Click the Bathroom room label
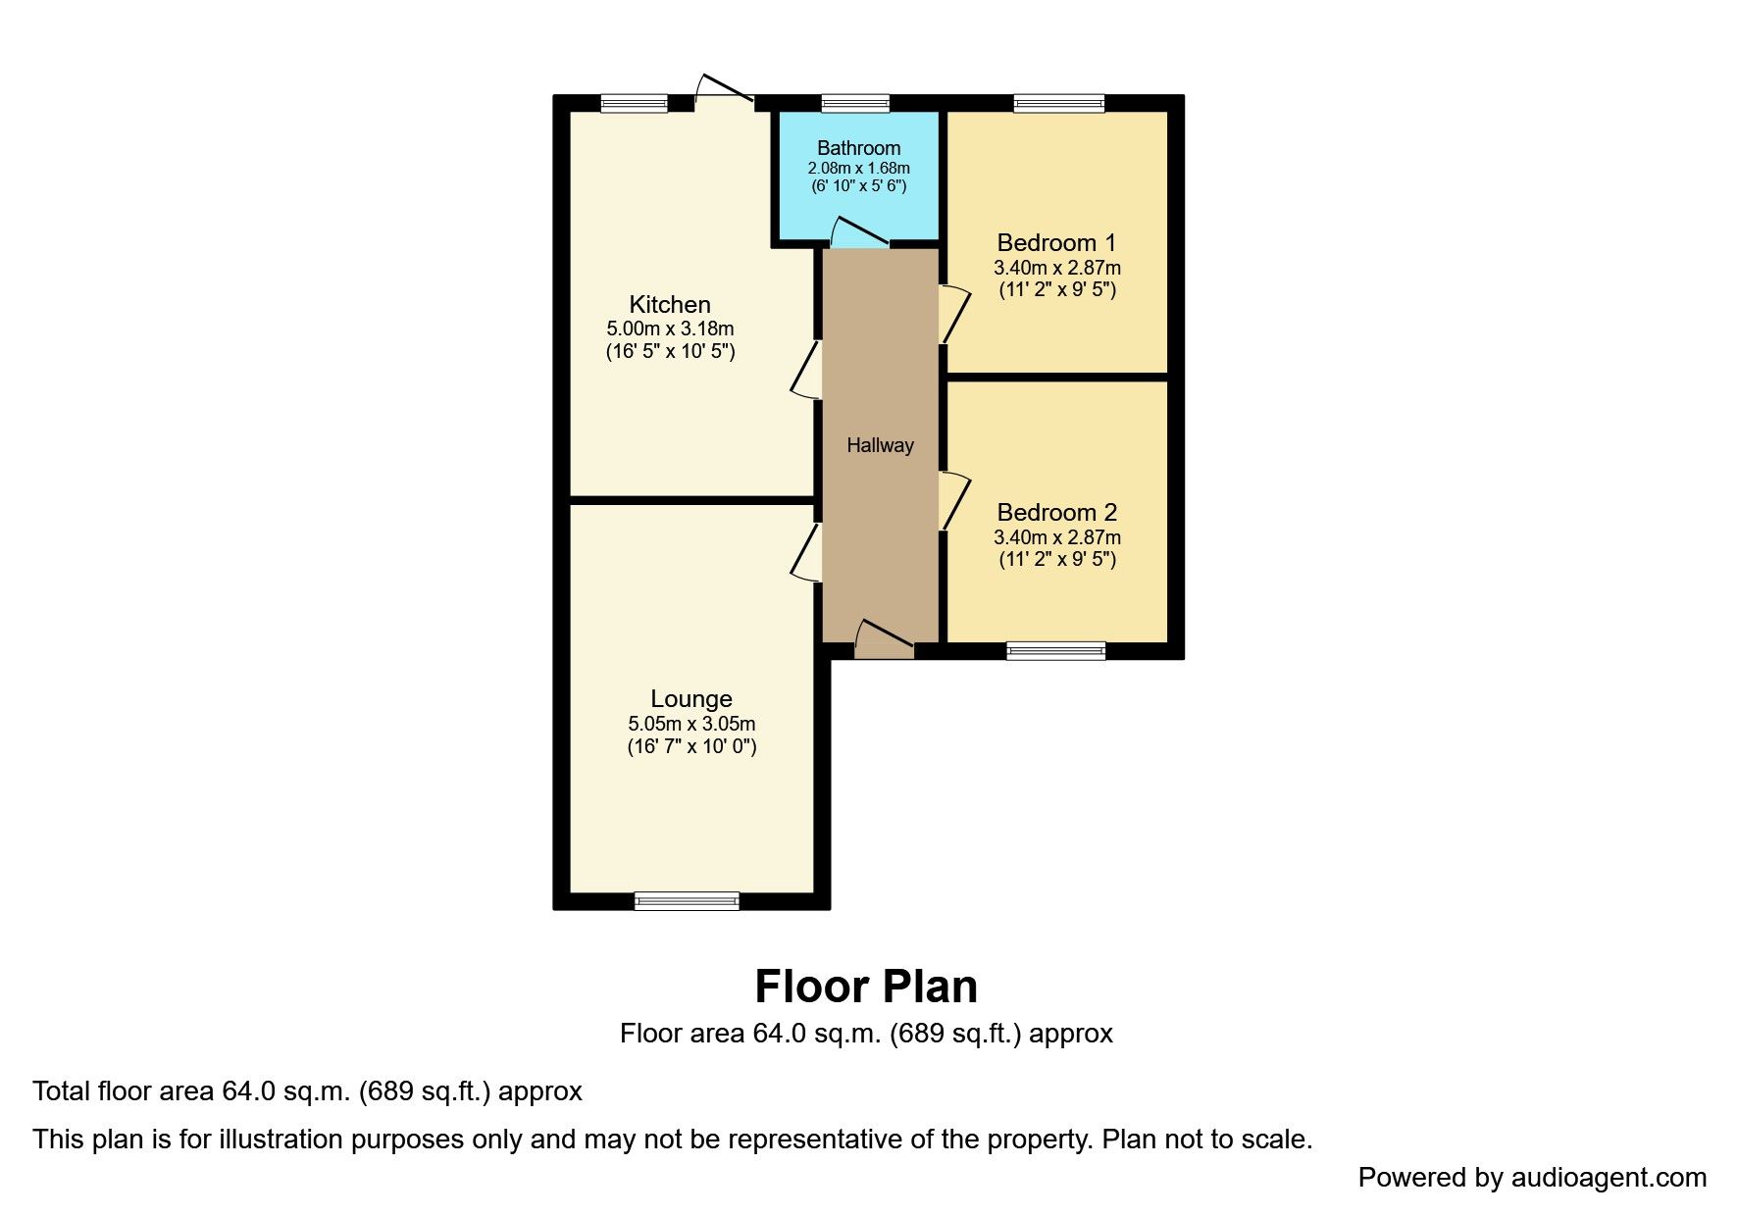point(858,148)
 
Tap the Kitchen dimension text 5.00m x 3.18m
point(670,329)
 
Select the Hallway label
point(880,445)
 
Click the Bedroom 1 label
point(1056,242)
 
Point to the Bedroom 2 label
point(1056,512)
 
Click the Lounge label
point(691,699)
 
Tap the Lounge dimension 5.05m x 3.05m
point(691,724)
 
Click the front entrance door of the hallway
point(884,639)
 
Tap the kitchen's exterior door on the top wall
point(725,90)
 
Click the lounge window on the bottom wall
point(687,900)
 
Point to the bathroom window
point(855,103)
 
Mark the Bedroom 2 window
point(1055,650)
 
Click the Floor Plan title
point(866,987)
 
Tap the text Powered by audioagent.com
point(1532,1178)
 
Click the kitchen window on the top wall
point(634,103)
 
